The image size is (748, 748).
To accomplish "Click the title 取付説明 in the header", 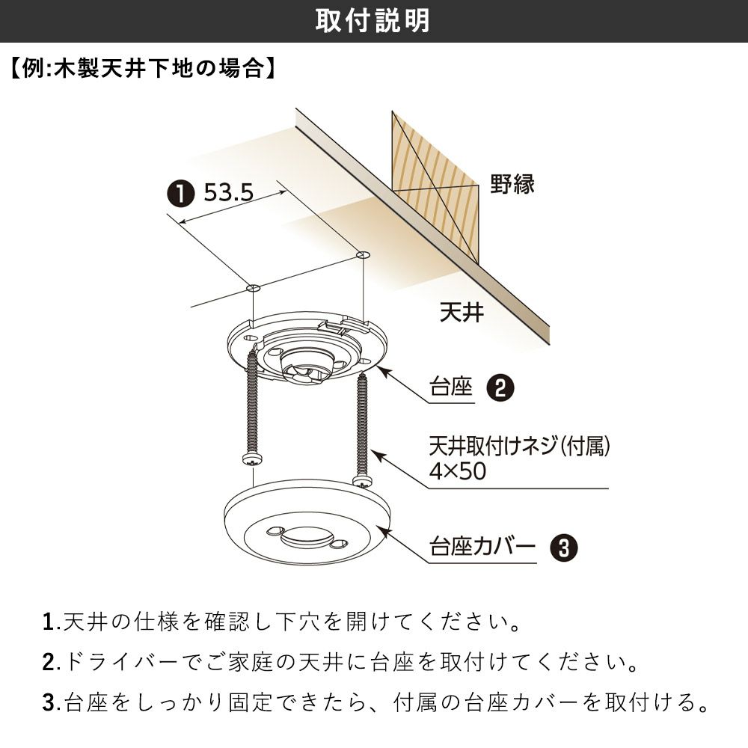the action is [x=373, y=21].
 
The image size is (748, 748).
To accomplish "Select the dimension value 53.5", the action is [x=228, y=193].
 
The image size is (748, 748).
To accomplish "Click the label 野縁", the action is [x=512, y=185].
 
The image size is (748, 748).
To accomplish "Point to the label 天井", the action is [x=462, y=312].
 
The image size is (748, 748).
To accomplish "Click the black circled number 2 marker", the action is [x=500, y=387].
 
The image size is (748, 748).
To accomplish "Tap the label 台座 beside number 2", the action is [x=451, y=387].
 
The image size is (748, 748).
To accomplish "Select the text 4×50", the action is [x=458, y=470].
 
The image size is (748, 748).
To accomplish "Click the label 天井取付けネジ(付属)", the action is [x=519, y=446].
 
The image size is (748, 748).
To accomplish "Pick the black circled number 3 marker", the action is [x=563, y=548].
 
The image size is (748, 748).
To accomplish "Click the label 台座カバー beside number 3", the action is [x=482, y=547].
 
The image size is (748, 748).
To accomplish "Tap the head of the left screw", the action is [x=252, y=460].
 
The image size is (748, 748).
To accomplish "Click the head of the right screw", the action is [x=363, y=481].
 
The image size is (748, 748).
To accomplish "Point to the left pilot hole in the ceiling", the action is [x=253, y=288].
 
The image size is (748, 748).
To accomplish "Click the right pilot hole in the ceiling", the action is [x=363, y=256].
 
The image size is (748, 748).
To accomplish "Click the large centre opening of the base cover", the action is [x=307, y=538].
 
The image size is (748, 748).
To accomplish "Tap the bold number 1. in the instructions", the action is [x=49, y=622].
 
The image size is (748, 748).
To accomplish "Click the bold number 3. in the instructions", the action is [x=49, y=702].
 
